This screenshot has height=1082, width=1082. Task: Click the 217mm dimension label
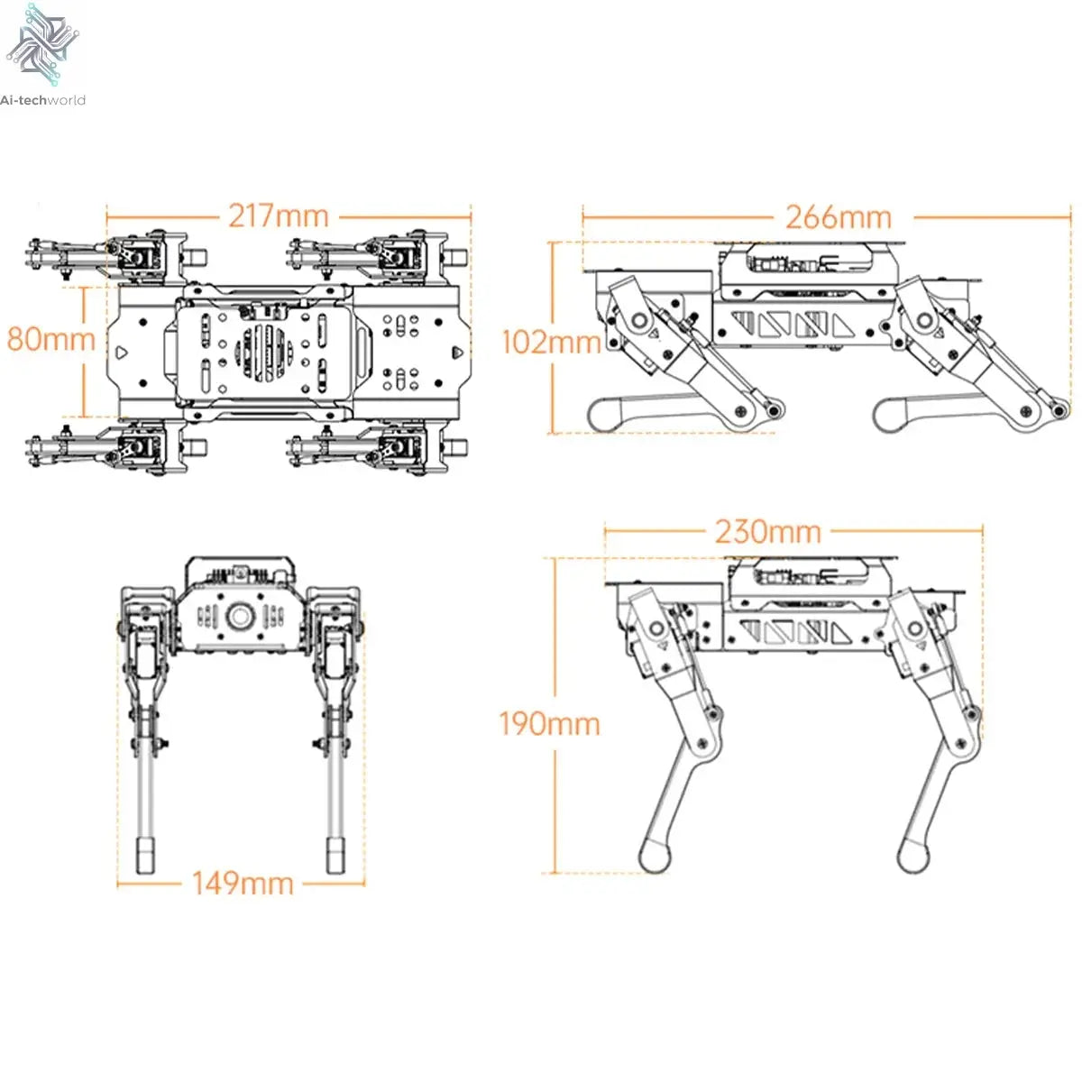click(278, 216)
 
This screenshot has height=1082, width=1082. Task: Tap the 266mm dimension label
click(838, 217)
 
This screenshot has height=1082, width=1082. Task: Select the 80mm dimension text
click(50, 339)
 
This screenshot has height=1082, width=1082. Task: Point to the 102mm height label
click(551, 342)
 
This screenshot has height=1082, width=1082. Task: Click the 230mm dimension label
click(768, 531)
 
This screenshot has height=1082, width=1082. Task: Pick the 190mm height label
click(549, 723)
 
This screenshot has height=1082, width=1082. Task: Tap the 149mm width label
click(243, 883)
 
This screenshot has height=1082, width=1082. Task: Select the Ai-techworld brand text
click(43, 100)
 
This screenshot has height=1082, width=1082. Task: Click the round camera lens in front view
click(241, 617)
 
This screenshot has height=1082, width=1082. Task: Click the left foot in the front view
click(144, 856)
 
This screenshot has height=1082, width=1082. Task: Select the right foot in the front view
click(336, 856)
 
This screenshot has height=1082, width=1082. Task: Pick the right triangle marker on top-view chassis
click(456, 352)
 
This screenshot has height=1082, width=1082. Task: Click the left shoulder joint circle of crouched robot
click(640, 322)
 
